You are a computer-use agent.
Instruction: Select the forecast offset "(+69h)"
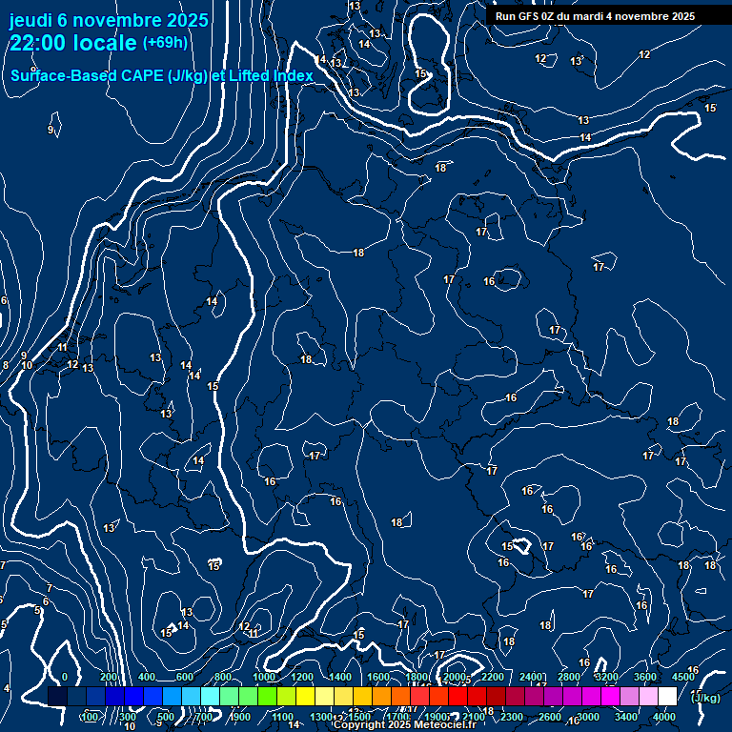165,42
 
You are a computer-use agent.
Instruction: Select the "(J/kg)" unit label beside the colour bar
705,698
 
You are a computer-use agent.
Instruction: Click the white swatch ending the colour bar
667,697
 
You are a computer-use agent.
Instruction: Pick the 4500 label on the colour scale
682,677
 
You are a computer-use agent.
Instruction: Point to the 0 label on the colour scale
65,677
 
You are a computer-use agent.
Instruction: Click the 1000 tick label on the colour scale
264,677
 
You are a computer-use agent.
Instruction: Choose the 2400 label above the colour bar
530,677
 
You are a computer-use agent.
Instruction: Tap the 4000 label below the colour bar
664,717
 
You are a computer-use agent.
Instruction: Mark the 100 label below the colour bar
90,717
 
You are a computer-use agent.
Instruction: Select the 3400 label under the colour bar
626,717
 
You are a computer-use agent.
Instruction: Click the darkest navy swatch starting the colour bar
57,697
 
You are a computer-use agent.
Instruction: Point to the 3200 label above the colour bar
606,677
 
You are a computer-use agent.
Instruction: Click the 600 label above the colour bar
184,677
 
